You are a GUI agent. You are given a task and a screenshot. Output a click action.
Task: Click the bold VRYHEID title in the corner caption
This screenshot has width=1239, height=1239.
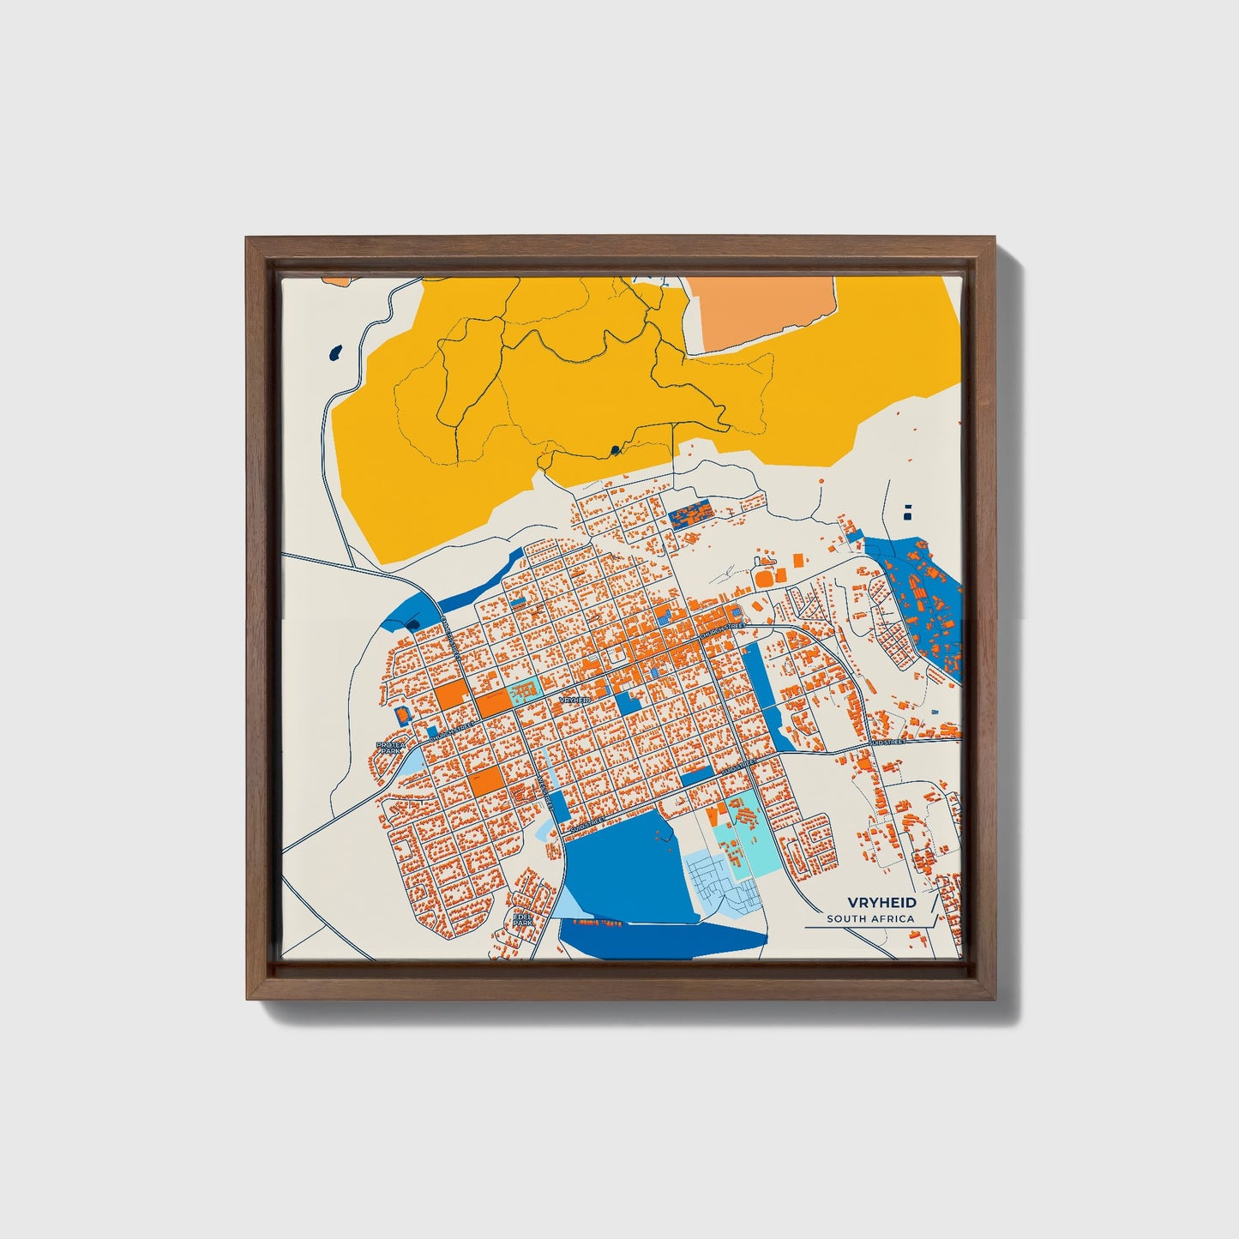click(x=881, y=903)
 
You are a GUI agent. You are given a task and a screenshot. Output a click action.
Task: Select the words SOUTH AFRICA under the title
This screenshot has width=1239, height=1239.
click(x=870, y=919)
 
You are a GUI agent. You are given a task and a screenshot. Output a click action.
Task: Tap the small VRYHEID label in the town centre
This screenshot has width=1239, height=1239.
click(x=574, y=701)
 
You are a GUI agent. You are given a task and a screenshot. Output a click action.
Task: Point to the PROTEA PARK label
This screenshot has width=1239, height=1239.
click(x=390, y=748)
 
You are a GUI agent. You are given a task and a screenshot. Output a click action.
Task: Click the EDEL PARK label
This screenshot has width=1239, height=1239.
click(x=522, y=919)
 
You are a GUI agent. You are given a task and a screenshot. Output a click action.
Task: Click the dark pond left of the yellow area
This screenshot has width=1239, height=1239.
click(x=335, y=352)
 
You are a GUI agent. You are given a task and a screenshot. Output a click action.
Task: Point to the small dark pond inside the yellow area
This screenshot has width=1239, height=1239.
click(x=615, y=449)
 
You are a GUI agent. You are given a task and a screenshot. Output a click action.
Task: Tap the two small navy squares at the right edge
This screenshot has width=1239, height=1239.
click(x=908, y=512)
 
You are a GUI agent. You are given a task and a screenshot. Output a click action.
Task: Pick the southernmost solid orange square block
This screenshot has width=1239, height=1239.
click(x=485, y=782)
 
